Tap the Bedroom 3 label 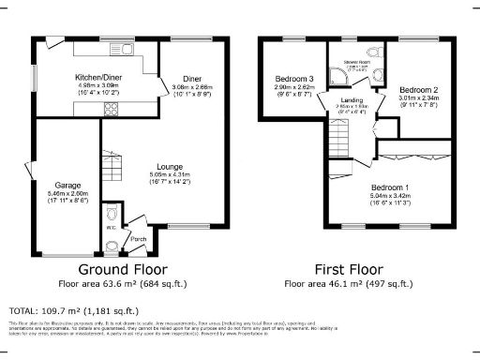point(294,78)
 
